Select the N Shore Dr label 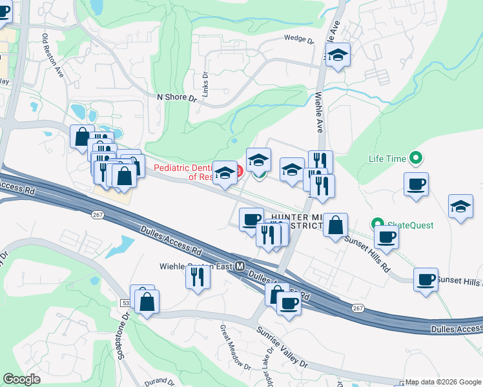pos(176,97)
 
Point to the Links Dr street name pos(205,82)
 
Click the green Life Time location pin pos(416,157)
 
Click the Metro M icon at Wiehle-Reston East pos(240,266)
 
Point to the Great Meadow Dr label pos(234,349)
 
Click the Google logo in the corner pos(21,379)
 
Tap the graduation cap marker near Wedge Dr pos(338,55)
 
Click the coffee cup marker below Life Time pos(416,184)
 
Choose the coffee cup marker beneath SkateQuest pos(386,236)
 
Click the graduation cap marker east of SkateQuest pos(460,206)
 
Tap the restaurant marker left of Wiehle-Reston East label pos(197,276)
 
